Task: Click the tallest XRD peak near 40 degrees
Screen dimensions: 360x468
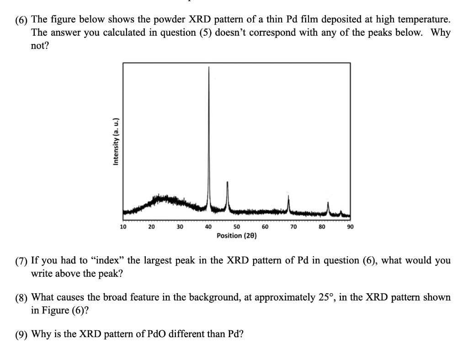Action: tap(209, 69)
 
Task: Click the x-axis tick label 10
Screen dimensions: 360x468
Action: tap(123, 226)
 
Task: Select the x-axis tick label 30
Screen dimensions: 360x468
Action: tap(180, 226)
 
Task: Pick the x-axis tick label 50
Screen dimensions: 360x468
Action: tap(237, 226)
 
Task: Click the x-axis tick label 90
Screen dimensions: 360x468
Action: tap(351, 226)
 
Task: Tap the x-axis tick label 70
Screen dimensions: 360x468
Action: tap(293, 226)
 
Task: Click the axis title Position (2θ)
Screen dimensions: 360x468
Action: tap(236, 236)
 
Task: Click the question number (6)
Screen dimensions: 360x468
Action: tap(21, 20)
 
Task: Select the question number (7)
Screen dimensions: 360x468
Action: tap(21, 262)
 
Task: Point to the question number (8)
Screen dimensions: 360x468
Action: tap(21, 298)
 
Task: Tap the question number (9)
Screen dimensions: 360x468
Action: tap(21, 334)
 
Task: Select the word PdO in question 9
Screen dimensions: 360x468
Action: tap(158, 334)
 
